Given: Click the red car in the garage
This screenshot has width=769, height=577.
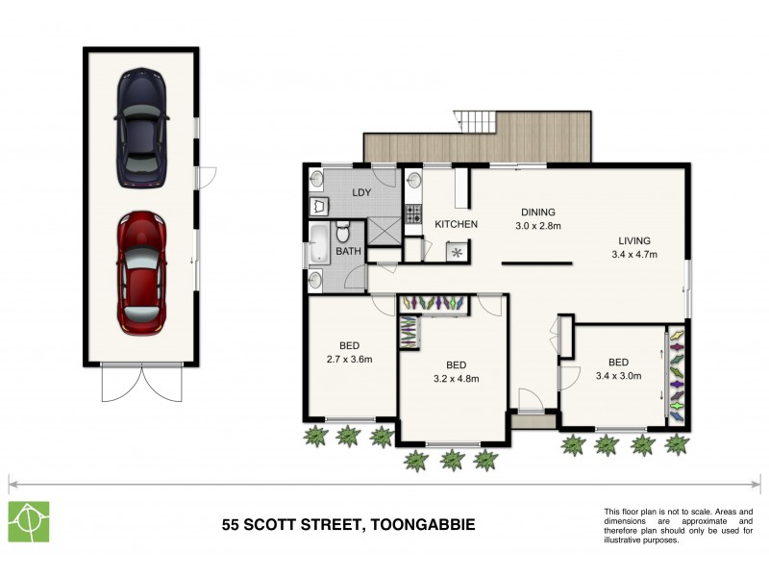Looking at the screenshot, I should coord(141,272).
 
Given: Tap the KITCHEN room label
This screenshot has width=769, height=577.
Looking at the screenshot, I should coord(456,224).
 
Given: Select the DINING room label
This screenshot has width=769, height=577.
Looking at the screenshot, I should coord(539,213).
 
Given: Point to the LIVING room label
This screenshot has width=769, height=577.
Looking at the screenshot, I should coord(633,240).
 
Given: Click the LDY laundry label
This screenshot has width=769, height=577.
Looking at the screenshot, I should coord(361,192).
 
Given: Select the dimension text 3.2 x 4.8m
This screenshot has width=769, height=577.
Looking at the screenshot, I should coord(456,378).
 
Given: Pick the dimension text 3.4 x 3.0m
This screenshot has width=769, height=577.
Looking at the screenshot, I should coord(618,375).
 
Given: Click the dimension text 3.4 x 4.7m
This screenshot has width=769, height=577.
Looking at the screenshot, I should coord(633,255).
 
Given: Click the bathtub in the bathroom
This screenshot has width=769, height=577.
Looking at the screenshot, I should coord(318,245).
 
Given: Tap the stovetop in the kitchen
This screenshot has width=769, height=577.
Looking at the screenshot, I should coord(414,213).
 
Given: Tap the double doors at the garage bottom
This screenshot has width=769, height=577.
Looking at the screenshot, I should coord(141,385).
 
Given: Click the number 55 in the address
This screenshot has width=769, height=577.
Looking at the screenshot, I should coord(232,525).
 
